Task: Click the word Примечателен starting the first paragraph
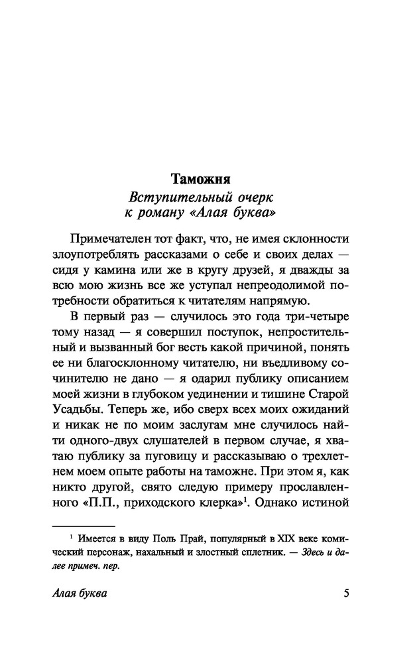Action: pos(113,239)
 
